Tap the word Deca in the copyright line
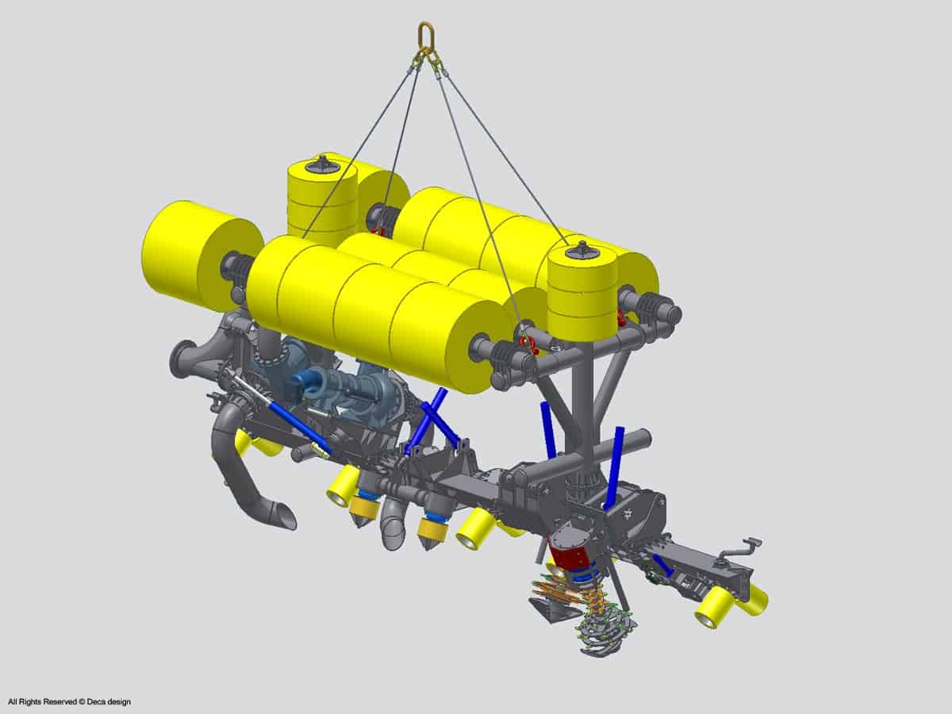coord(95,701)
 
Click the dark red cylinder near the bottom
coord(570,557)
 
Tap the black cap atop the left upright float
coord(321,164)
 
